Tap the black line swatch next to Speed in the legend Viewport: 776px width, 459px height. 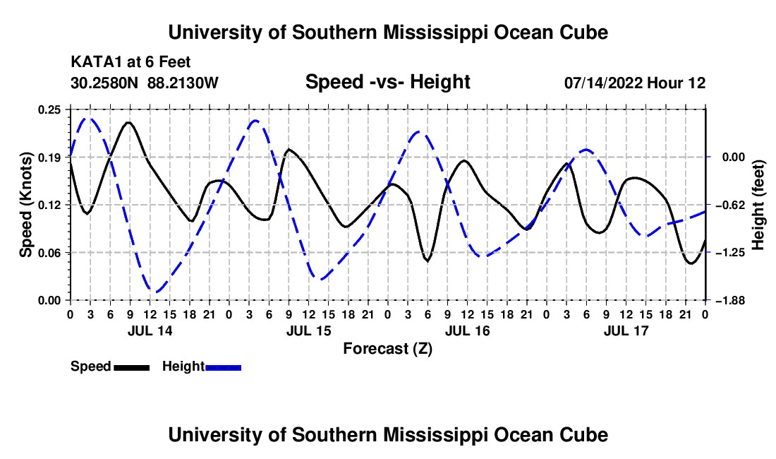click(x=132, y=367)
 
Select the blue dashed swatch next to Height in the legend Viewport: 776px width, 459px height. click(x=223, y=367)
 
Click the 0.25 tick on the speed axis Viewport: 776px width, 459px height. click(x=49, y=109)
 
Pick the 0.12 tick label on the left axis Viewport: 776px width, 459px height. click(x=49, y=205)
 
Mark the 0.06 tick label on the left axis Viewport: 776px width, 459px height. click(x=49, y=253)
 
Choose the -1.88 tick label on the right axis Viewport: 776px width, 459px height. click(x=732, y=301)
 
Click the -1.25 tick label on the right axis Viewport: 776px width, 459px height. click(x=732, y=253)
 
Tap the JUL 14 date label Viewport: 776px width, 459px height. click(x=150, y=330)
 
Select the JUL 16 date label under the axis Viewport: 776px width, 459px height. click(x=467, y=330)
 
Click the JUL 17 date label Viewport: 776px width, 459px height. click(x=626, y=330)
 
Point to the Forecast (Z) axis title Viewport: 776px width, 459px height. click(x=387, y=349)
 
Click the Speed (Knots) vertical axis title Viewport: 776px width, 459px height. click(x=25, y=205)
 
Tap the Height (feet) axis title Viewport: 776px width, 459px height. click(x=758, y=205)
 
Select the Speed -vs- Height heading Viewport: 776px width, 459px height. click(x=387, y=82)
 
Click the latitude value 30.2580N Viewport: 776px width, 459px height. click(x=104, y=83)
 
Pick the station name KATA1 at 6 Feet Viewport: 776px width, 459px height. click(x=131, y=62)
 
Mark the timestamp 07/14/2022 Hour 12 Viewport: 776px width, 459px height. click(x=635, y=83)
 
